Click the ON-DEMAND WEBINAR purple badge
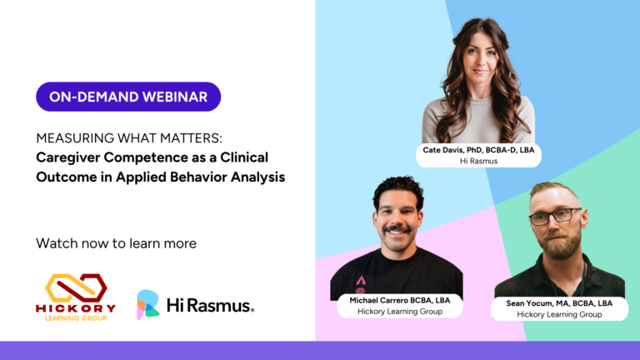(128, 97)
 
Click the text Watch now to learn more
(117, 243)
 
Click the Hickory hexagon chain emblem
(76, 287)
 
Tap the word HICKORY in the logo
(76, 308)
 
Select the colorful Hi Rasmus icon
(147, 304)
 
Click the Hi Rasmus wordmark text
(210, 305)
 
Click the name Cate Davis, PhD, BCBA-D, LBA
(478, 150)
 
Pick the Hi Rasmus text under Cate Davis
(479, 161)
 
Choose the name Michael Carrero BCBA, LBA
(400, 300)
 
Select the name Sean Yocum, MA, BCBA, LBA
(559, 303)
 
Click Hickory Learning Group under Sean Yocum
(559, 314)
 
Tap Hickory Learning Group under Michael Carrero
(400, 312)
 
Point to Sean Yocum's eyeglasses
(556, 216)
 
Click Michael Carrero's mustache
(397, 229)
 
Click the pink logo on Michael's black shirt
(361, 285)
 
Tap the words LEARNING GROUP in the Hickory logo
(76, 318)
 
